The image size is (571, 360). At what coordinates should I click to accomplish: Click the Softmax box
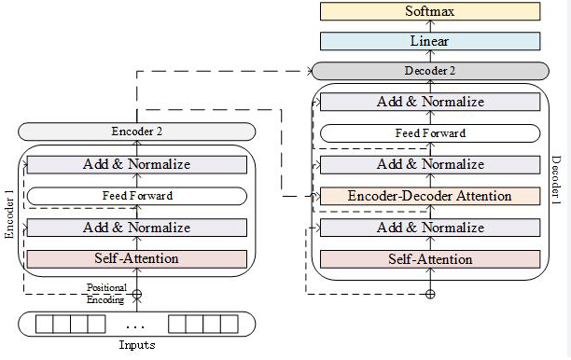pyautogui.click(x=430, y=11)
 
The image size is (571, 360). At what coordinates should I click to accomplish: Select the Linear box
pyautogui.click(x=430, y=41)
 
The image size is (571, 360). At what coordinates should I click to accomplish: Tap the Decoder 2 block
pyautogui.click(x=430, y=71)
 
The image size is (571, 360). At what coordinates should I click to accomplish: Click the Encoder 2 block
pyautogui.click(x=137, y=132)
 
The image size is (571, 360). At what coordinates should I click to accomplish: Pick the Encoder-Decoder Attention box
pyautogui.click(x=430, y=196)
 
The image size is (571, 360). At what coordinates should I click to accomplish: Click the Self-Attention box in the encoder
pyautogui.click(x=137, y=258)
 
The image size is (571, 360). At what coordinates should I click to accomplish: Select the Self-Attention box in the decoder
pyautogui.click(x=430, y=259)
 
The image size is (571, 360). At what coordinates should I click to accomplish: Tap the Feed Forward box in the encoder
pyautogui.click(x=137, y=196)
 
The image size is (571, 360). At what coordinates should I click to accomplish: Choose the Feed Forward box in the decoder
pyautogui.click(x=430, y=133)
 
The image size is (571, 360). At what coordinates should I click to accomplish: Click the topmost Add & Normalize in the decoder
pyautogui.click(x=430, y=102)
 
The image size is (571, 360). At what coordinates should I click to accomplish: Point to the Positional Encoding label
pyautogui.click(x=106, y=294)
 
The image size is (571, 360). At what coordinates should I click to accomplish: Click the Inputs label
pyautogui.click(x=137, y=345)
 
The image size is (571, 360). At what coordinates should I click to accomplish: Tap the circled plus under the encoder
pyautogui.click(x=137, y=294)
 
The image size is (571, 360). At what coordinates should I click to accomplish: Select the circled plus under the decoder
pyautogui.click(x=430, y=294)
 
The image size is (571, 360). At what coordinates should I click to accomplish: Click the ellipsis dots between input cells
pyautogui.click(x=135, y=326)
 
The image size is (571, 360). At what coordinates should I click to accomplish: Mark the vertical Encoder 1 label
pyautogui.click(x=9, y=214)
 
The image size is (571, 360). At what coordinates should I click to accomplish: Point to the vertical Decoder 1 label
pyautogui.click(x=556, y=180)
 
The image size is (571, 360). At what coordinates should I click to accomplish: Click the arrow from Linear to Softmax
pyautogui.click(x=430, y=26)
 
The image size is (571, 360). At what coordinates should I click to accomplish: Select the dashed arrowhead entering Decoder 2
pyautogui.click(x=310, y=71)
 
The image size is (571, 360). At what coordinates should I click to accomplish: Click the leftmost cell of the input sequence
pyautogui.click(x=45, y=324)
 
